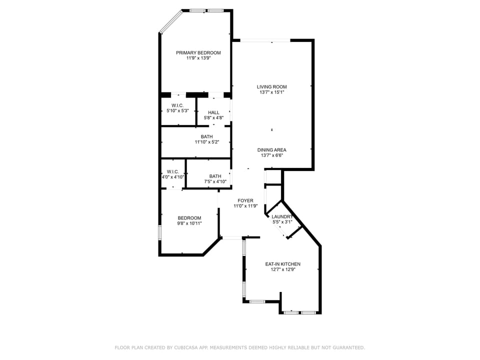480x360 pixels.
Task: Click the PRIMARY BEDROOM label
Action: point(198,52)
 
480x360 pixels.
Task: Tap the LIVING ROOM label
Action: point(271,86)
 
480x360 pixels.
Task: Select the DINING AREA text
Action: point(271,149)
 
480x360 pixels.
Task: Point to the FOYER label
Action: point(245,200)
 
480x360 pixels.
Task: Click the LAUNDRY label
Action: point(281,216)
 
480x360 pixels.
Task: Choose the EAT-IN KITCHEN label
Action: point(282,264)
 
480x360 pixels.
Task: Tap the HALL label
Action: point(213,112)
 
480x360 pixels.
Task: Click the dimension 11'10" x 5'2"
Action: point(206,142)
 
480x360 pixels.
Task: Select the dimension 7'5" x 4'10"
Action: point(215,181)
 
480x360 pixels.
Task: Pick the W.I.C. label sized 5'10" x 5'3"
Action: point(177,105)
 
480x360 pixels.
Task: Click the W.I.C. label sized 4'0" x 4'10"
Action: point(173,171)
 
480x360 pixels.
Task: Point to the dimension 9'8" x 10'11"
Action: point(189,223)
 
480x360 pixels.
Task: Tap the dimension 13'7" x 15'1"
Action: point(271,92)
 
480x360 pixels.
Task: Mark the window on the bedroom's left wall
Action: point(160,233)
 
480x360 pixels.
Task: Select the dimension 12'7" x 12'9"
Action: point(282,270)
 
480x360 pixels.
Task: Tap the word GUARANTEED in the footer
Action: point(347,347)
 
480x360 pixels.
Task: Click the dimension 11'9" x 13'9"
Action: point(198,58)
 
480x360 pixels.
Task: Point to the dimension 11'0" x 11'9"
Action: point(245,206)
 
